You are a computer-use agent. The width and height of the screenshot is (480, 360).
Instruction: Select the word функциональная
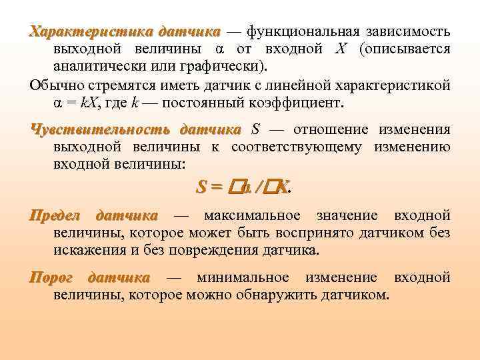pyautogui.click(x=303, y=32)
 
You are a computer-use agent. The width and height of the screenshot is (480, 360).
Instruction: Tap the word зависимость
pyautogui.click(x=407, y=32)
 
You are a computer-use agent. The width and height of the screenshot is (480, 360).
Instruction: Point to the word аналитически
pyautogui.click(x=97, y=67)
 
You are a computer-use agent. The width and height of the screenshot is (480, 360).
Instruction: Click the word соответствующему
pyautogui.click(x=306, y=147)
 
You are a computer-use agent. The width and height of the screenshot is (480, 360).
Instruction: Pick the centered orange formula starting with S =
pyautogui.click(x=243, y=189)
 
